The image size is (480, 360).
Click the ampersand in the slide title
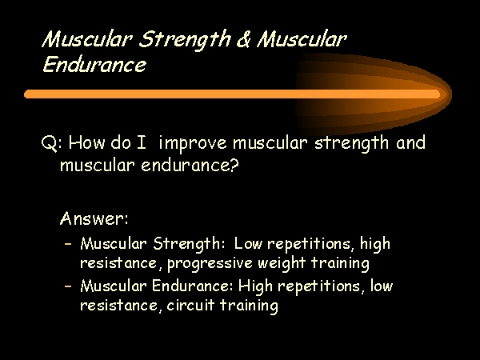coord(243,39)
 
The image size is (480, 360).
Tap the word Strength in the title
coord(185,40)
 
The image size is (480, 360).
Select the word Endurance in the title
coord(94,64)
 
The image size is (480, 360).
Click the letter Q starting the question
coord(48,143)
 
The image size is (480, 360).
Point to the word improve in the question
coord(193,144)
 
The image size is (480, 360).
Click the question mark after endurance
coord(234,165)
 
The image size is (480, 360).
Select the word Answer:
coord(94,218)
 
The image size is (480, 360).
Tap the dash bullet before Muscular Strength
coord(68,244)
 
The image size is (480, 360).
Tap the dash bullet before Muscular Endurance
coord(68,286)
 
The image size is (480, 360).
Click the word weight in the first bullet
coord(282,263)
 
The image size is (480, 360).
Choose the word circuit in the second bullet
coord(190,306)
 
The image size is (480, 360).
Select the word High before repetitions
coord(255,286)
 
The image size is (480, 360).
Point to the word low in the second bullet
coord(382,286)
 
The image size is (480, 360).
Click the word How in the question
coord(86,142)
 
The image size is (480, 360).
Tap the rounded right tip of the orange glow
coord(451,94)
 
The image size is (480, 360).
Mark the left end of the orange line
coord(25,94)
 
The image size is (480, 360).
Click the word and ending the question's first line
coord(410,142)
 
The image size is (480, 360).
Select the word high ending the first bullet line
coord(375,244)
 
